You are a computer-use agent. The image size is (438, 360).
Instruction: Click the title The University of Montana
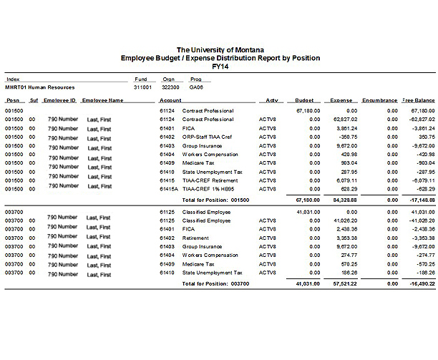click(220, 49)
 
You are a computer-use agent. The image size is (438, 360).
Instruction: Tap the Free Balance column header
click(419, 101)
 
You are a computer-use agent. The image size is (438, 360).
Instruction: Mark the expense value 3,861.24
click(346, 128)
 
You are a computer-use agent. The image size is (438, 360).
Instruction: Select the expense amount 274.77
click(348, 254)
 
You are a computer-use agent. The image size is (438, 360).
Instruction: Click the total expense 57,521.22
click(344, 283)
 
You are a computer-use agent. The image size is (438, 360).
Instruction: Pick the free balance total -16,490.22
click(419, 283)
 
